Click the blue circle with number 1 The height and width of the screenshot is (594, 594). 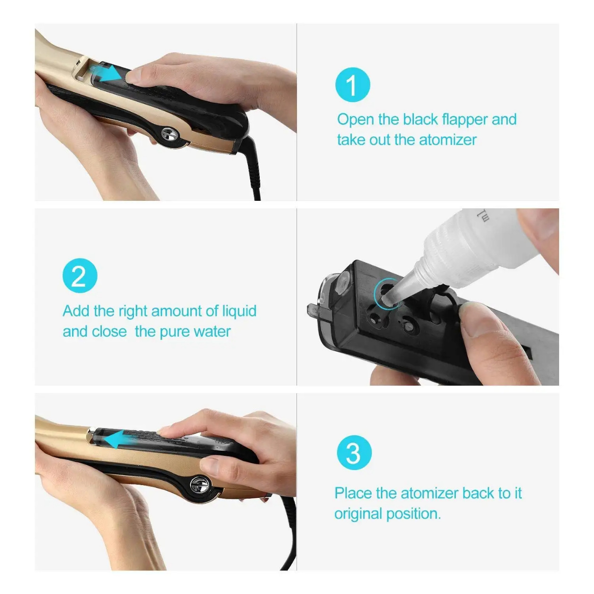tap(353, 85)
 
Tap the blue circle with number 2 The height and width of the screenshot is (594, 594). tap(80, 276)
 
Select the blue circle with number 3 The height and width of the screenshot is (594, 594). tap(354, 453)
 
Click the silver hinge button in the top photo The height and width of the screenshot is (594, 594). tap(170, 134)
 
